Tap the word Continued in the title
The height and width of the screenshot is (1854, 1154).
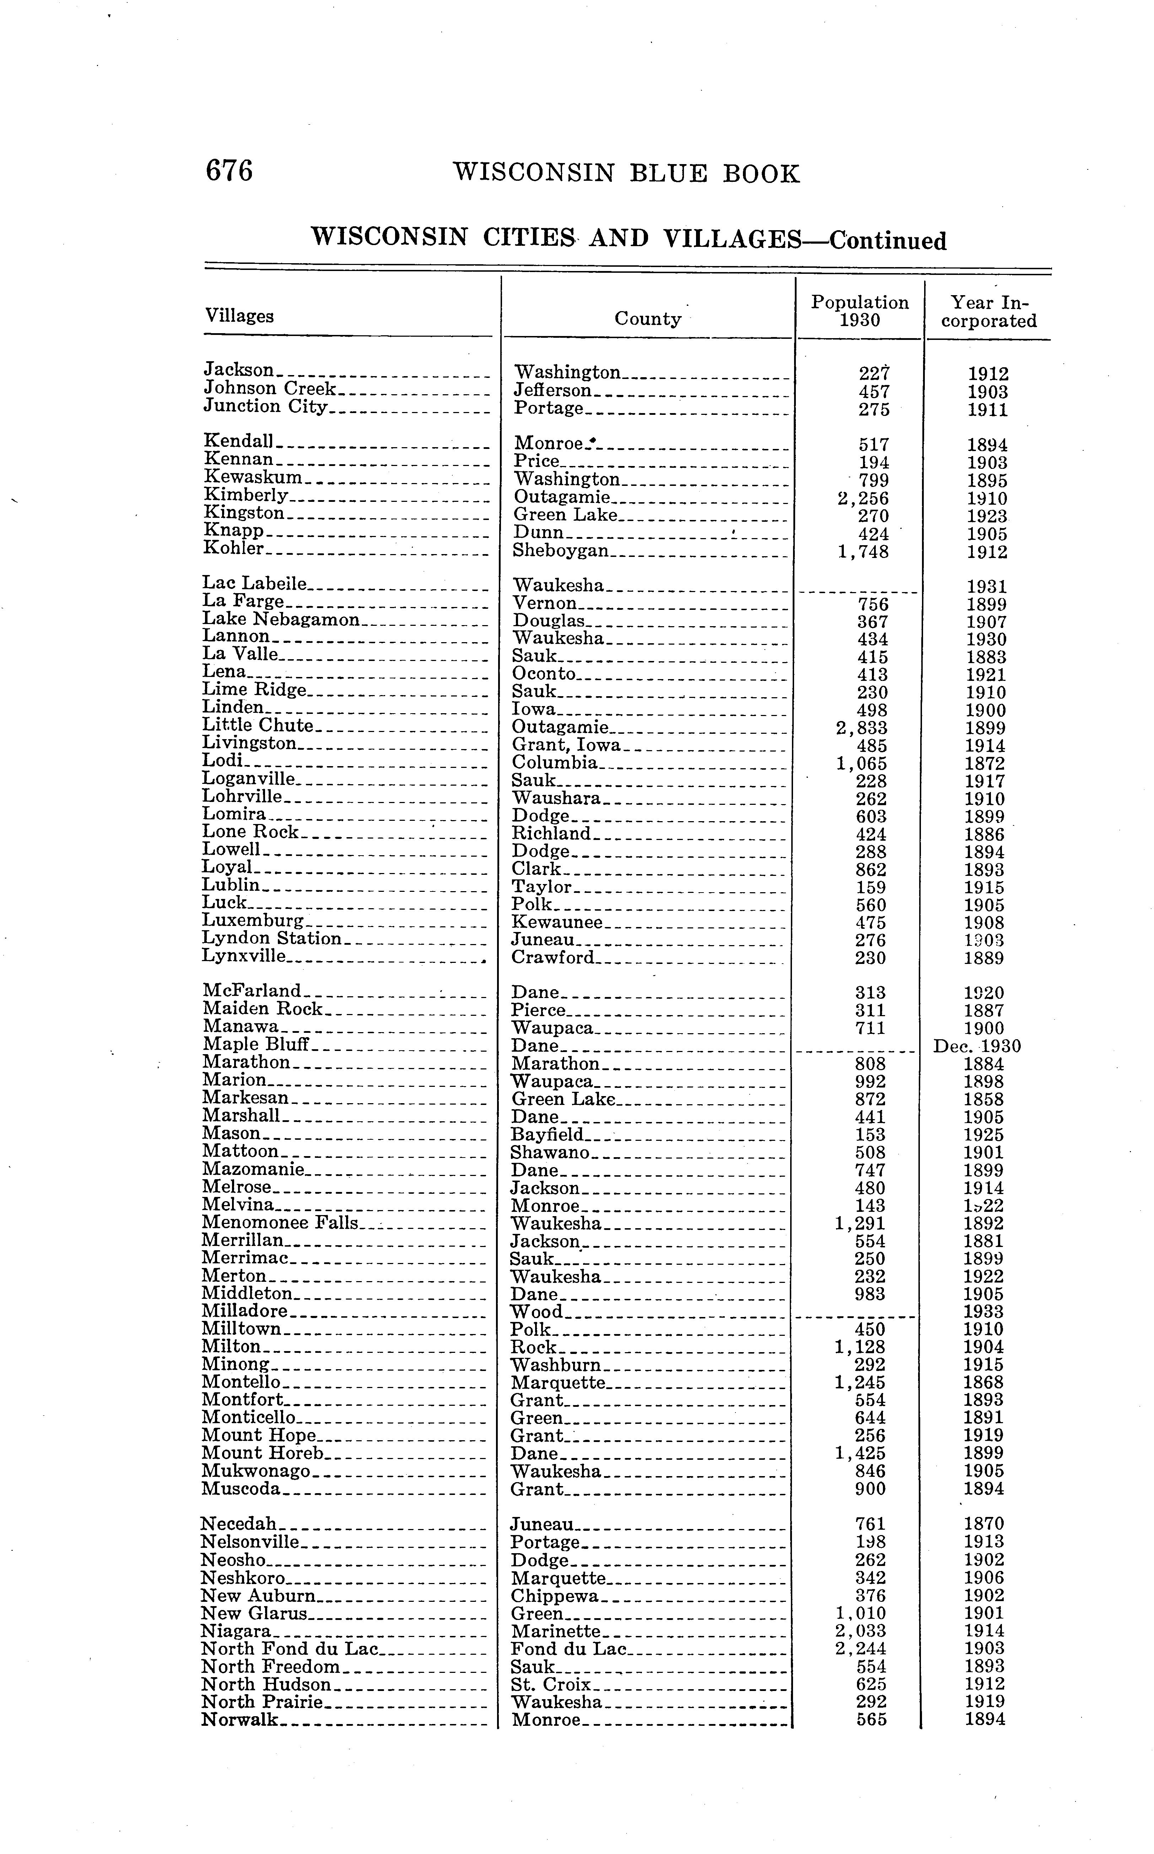click(x=888, y=241)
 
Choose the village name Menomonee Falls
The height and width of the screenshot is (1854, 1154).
click(x=279, y=1223)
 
